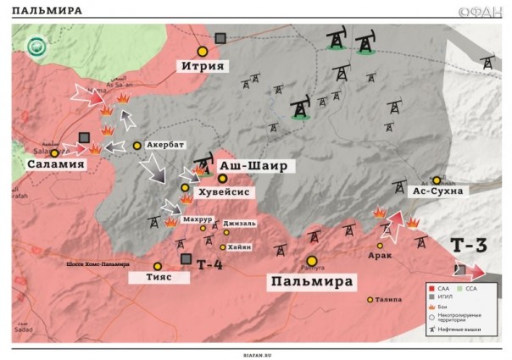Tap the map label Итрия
[203, 66]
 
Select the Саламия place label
[57, 164]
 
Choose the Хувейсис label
[224, 192]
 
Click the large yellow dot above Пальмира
[312, 261]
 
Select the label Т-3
[468, 246]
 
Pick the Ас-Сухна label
[437, 191]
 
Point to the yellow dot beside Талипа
[370, 299]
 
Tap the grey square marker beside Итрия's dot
[221, 38]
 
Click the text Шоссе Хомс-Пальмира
[99, 264]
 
